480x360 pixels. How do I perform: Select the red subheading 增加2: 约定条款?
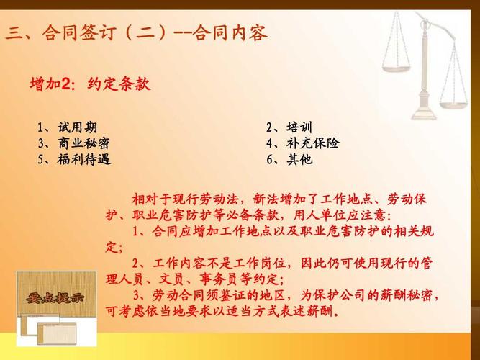coord(90,84)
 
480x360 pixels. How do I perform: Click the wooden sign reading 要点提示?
coord(55,297)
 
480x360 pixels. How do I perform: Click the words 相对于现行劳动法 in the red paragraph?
coord(185,199)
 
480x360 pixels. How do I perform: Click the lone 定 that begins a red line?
coord(112,247)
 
